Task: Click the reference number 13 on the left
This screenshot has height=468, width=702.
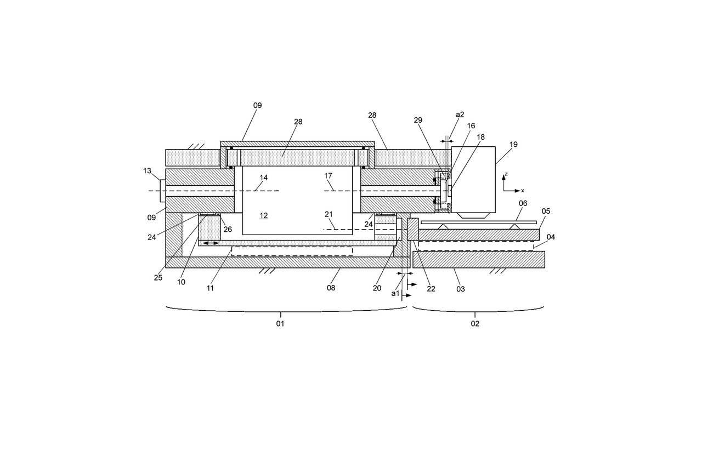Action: point(147,171)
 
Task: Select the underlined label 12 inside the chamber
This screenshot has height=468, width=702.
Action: point(264,216)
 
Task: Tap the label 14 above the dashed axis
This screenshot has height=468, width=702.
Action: point(264,178)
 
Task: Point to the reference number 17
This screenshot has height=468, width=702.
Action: point(329,176)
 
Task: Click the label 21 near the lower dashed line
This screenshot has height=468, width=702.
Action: point(329,214)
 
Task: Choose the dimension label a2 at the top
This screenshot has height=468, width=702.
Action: point(460,115)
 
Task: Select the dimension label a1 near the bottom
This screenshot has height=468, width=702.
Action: point(395,293)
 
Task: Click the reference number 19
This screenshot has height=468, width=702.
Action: point(513,145)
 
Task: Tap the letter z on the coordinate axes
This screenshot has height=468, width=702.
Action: point(506,174)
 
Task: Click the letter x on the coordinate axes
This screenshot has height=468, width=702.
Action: point(523,191)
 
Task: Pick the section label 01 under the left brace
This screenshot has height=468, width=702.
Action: point(280,324)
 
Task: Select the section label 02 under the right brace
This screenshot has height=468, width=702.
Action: point(475,324)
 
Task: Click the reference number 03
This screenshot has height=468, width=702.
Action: point(461,288)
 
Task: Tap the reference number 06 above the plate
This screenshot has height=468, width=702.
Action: point(523,203)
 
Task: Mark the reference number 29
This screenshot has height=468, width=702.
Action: point(418,119)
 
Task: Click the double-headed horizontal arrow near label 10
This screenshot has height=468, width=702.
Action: point(211,243)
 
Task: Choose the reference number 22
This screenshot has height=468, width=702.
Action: point(431,289)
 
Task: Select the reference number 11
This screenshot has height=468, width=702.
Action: point(211,288)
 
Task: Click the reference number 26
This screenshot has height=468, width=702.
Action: point(228,230)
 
